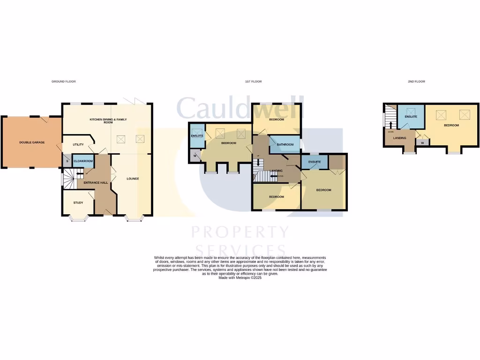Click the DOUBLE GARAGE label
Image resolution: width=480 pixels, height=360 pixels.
tap(32, 142)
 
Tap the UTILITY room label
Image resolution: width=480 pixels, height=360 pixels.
tap(78, 145)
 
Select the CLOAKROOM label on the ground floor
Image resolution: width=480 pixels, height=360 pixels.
tap(83, 161)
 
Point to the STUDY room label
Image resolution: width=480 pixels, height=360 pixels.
tap(78, 202)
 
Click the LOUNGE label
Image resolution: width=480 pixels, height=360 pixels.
tap(133, 179)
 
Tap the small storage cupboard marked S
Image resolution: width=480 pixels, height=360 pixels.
tap(67, 161)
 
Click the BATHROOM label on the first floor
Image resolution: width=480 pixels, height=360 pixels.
tap(285, 144)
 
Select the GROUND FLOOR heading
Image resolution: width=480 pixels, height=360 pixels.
tap(63, 82)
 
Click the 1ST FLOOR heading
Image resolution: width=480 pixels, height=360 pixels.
tap(253, 82)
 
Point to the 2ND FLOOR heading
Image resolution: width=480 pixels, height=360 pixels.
tap(416, 82)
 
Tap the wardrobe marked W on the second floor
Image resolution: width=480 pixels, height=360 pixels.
tap(422, 143)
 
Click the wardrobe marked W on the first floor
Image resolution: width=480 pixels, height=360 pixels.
tap(195, 156)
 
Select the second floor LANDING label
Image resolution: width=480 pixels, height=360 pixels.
tap(399, 138)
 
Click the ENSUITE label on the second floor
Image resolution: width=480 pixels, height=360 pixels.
tap(411, 116)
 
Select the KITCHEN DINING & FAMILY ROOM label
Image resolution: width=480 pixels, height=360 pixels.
tap(108, 120)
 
